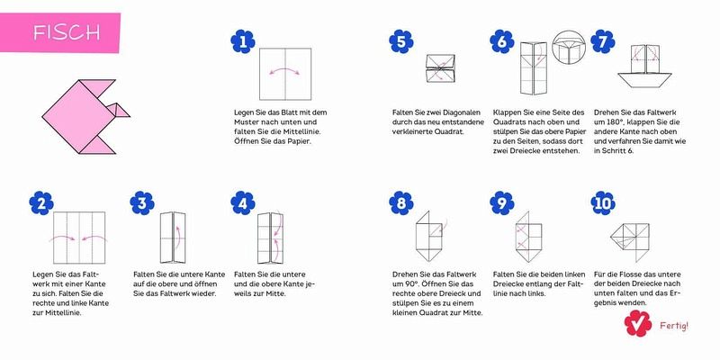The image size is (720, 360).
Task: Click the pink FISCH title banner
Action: pyautogui.click(x=59, y=32)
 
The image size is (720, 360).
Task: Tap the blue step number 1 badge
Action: pyautogui.click(x=243, y=41)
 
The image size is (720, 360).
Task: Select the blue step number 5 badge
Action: pyautogui.click(x=400, y=41)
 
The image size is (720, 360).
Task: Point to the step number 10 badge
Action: pyautogui.click(x=603, y=203)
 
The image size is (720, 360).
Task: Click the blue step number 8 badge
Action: pyautogui.click(x=400, y=203)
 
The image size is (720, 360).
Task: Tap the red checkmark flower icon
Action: pyautogui.click(x=638, y=323)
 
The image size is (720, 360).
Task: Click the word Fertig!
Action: pyautogui.click(x=674, y=326)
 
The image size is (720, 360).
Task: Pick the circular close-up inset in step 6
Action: pyautogui.click(x=570, y=49)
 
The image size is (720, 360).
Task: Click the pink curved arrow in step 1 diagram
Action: pyautogui.click(x=284, y=70)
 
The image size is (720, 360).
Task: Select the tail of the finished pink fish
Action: pyautogui.click(x=116, y=110)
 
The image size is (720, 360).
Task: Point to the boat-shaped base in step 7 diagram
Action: pyautogui.click(x=644, y=79)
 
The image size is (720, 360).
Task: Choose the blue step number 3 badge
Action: pyautogui.click(x=142, y=203)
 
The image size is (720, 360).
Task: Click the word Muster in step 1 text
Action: pyautogui.click(x=247, y=122)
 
